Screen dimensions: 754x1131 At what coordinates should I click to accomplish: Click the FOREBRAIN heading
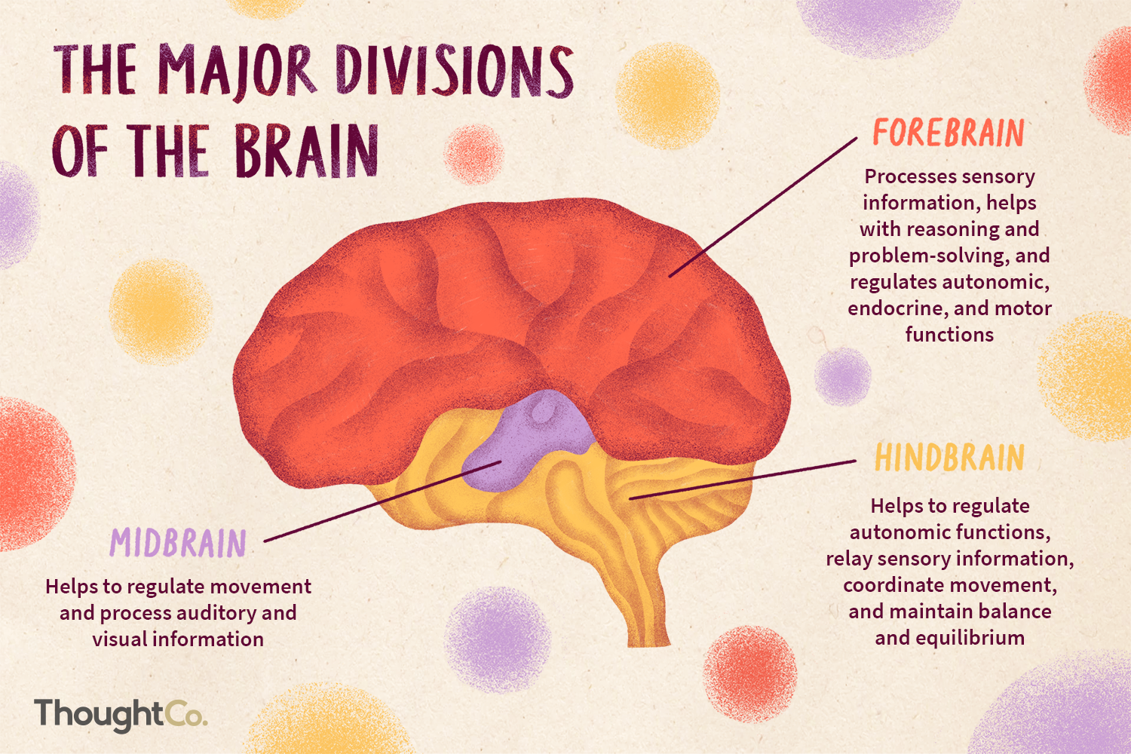[949, 133]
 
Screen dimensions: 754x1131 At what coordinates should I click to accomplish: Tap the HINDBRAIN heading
[949, 458]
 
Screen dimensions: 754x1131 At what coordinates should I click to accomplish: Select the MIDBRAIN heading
[178, 543]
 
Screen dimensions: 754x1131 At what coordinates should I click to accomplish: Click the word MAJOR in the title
[236, 71]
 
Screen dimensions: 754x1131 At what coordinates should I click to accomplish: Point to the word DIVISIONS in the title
[455, 71]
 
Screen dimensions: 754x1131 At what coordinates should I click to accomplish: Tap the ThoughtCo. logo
[121, 713]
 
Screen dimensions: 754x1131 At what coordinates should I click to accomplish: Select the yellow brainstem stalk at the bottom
[648, 603]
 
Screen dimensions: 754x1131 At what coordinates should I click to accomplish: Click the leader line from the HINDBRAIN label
[743, 480]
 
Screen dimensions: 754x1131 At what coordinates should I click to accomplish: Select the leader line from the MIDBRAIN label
[377, 502]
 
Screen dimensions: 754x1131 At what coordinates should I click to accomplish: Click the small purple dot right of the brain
[842, 375]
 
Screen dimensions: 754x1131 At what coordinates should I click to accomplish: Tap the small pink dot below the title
[473, 154]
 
